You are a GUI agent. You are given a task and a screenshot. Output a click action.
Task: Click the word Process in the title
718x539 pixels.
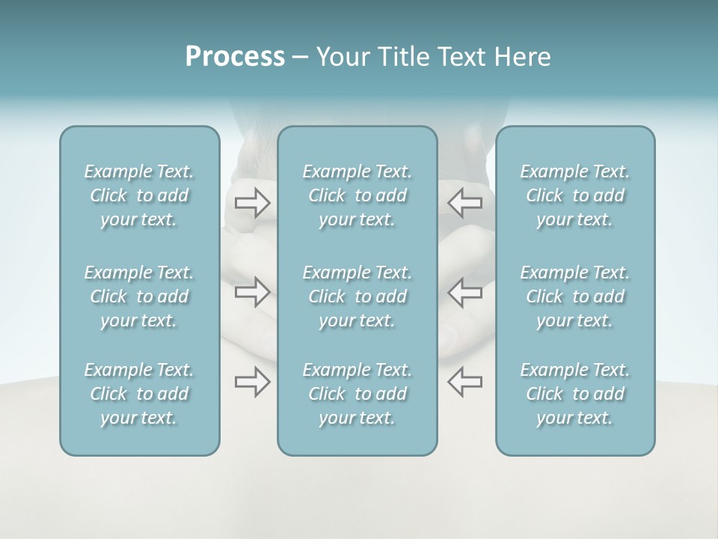point(235,57)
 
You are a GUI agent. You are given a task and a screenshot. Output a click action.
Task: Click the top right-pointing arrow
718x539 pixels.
point(252,202)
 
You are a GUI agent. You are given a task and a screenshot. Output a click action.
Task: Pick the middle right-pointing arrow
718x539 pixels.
point(252,291)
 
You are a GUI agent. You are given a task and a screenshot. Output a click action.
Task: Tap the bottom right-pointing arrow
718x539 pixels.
point(252,382)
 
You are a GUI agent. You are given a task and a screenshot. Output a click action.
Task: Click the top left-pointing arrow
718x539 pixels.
point(464,202)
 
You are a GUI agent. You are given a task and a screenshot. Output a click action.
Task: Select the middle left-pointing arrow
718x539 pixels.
point(464,291)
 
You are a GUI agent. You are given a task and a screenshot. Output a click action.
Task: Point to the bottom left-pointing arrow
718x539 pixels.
point(464,382)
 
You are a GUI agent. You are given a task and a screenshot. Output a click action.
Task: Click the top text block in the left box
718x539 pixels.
point(139,195)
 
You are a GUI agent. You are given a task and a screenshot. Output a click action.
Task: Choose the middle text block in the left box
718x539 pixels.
point(139,296)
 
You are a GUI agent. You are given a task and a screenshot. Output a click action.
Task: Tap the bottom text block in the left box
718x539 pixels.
point(139,394)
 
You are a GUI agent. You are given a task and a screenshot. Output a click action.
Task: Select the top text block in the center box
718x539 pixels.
point(358,195)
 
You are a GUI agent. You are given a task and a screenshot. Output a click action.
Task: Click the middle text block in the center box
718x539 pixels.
point(358,296)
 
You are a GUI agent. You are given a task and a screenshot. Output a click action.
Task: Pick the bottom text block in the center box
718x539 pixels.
point(358,394)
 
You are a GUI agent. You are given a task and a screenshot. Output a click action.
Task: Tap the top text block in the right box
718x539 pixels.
point(575,195)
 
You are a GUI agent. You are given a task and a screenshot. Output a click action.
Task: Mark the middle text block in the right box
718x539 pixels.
point(575,296)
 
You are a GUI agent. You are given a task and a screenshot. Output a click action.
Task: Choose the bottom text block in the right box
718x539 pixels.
point(575,394)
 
